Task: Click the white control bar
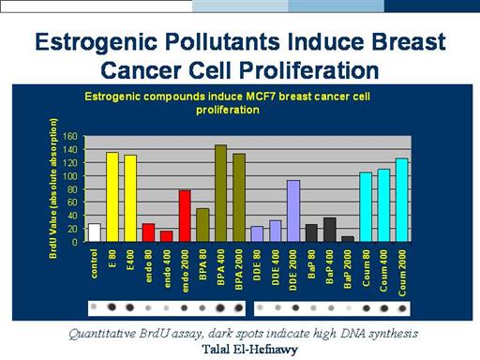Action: (x=95, y=232)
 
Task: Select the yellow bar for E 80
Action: (x=112, y=197)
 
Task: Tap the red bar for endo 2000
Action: (x=185, y=216)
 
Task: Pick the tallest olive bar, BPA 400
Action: (x=220, y=193)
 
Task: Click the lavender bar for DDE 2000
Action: (x=293, y=211)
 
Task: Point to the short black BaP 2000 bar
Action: (x=348, y=239)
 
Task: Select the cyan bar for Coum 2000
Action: (x=402, y=200)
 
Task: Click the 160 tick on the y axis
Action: (x=70, y=136)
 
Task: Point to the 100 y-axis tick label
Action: (x=70, y=176)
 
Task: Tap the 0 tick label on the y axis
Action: (x=74, y=242)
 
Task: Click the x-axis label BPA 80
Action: (x=202, y=264)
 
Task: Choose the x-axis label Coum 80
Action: (x=366, y=268)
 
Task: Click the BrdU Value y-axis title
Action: (x=53, y=188)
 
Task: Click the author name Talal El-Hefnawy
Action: (x=249, y=350)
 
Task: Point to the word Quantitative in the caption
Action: (x=102, y=334)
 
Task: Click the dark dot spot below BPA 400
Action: (x=220, y=307)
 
